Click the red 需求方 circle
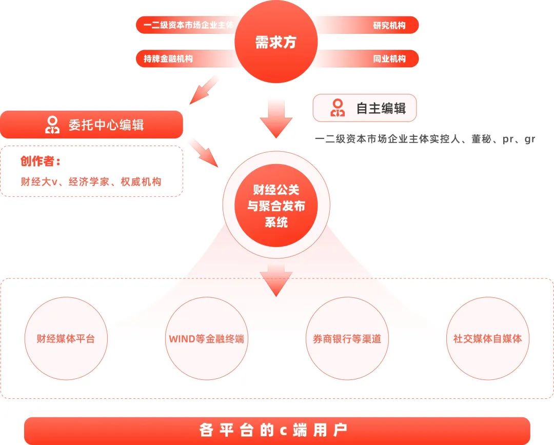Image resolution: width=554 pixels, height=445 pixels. click(276, 42)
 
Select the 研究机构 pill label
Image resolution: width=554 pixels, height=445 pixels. click(389, 25)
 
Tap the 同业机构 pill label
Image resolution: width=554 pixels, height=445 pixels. click(389, 59)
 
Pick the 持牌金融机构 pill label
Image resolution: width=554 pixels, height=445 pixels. click(168, 59)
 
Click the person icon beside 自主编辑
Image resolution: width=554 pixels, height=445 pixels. click(338, 108)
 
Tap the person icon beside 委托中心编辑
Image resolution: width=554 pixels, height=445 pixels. click(52, 125)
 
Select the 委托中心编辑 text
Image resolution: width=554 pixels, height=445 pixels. click(106, 125)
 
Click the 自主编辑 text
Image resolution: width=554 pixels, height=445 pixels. click(381, 108)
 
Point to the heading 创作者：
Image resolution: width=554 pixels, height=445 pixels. click(41, 161)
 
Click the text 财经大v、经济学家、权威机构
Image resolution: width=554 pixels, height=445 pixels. click(91, 181)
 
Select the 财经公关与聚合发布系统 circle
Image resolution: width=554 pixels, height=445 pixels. click(276, 206)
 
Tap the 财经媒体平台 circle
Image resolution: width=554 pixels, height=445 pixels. click(66, 338)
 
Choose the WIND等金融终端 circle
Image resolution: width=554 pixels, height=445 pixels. click(206, 338)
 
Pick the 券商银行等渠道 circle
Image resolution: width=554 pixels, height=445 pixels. click(347, 338)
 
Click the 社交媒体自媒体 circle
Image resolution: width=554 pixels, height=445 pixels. click(487, 338)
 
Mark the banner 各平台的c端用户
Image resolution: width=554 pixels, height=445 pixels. click(276, 430)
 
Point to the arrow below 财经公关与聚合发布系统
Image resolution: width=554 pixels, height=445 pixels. click(276, 281)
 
